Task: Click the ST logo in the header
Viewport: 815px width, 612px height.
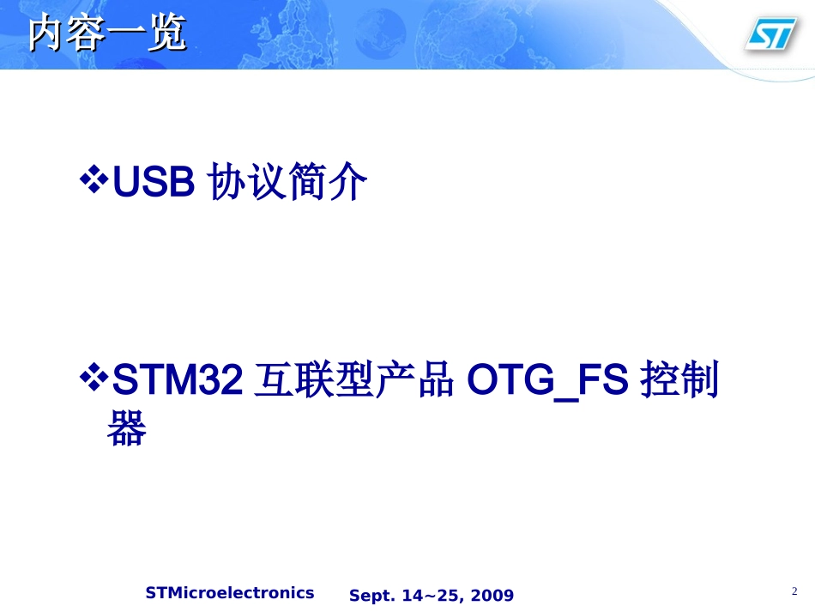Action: [770, 34]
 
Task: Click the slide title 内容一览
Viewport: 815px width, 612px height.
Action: [106, 35]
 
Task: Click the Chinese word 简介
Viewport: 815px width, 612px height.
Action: [329, 183]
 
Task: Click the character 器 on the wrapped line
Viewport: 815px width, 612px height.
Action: [127, 428]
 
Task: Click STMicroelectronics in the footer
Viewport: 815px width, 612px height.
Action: [230, 593]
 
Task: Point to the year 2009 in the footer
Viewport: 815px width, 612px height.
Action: [492, 596]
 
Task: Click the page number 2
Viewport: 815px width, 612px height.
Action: [794, 591]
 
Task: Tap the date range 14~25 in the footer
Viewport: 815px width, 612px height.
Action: [434, 596]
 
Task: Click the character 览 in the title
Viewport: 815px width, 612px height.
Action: [166, 35]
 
